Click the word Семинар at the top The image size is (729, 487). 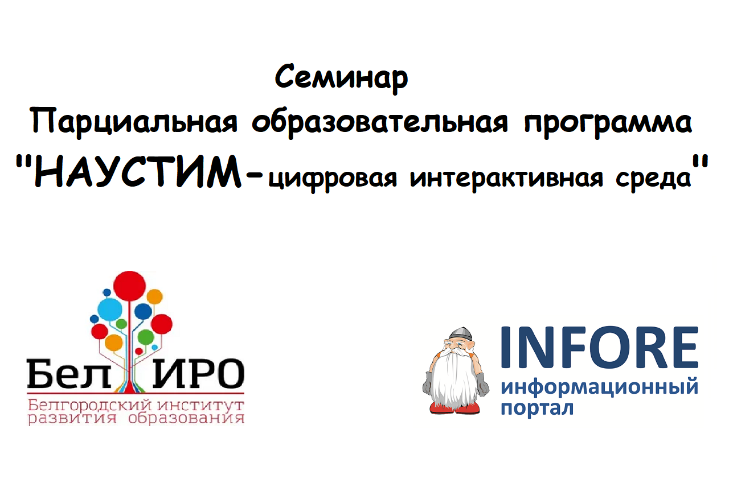click(342, 78)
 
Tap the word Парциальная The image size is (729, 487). click(134, 122)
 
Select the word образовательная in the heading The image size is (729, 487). click(379, 122)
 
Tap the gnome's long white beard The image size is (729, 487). click(456, 378)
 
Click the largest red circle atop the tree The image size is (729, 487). click(129, 284)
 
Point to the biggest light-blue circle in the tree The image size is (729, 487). click(110, 309)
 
